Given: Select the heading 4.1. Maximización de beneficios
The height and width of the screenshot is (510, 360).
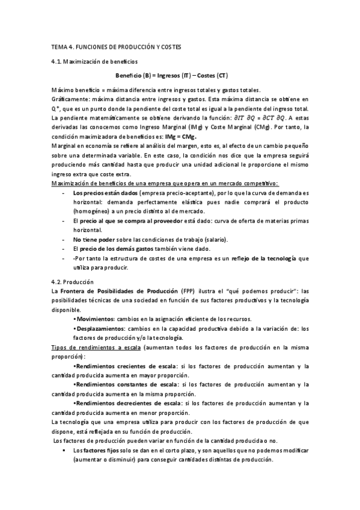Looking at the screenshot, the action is point(95,61).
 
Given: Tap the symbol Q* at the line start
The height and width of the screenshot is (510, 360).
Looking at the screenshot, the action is point(56,108).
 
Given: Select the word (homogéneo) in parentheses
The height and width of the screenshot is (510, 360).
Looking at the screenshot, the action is point(91,212).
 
